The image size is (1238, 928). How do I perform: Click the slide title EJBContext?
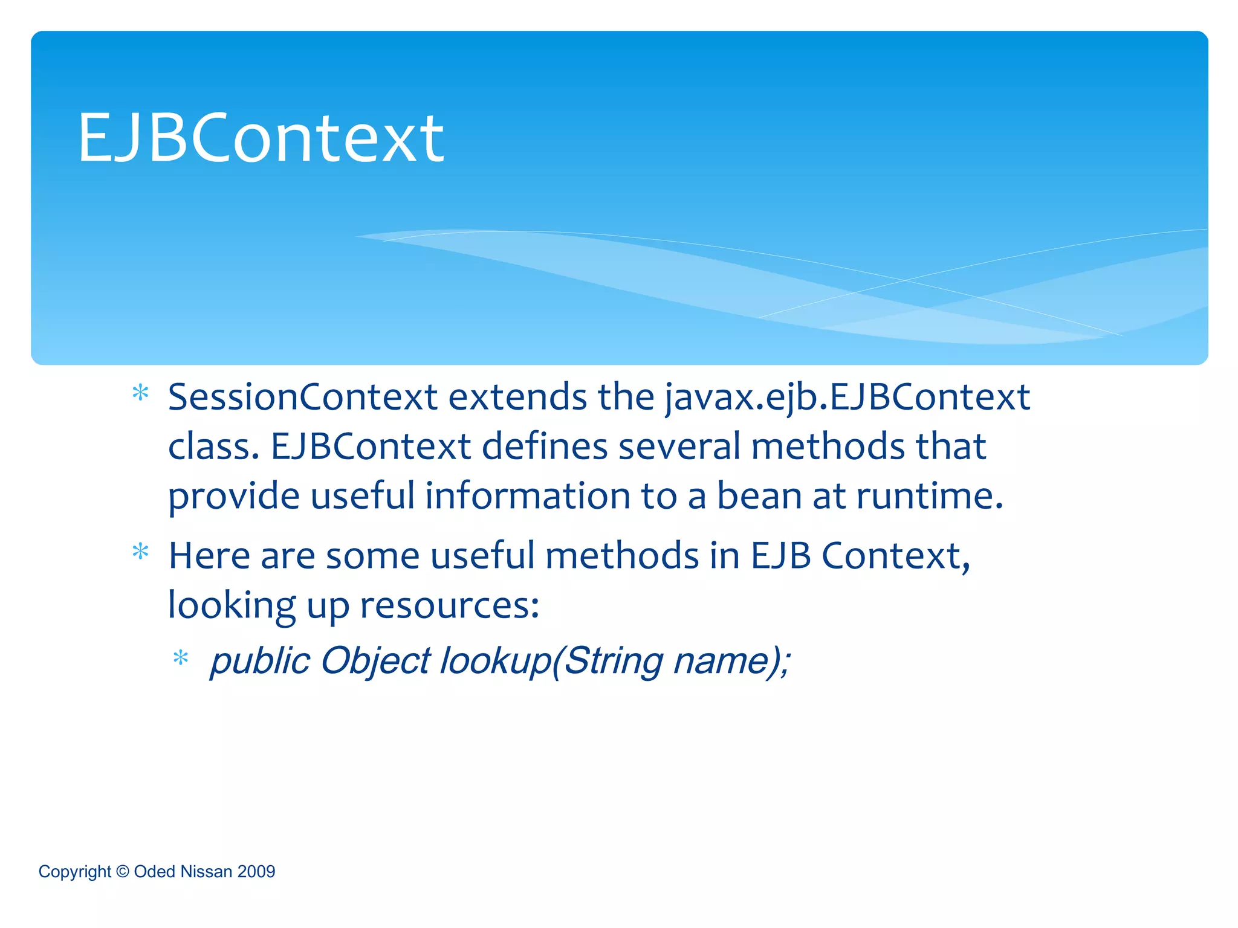tap(261, 139)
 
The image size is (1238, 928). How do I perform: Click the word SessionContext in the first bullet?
tap(302, 398)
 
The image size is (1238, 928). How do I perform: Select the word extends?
tap(517, 398)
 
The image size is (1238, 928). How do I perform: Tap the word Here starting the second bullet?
tap(209, 556)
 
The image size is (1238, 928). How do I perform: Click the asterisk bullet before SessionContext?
tap(140, 394)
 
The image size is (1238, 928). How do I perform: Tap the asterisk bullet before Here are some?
tap(140, 552)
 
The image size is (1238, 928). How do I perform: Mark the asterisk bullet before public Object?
tap(181, 658)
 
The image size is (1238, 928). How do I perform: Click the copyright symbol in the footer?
tap(122, 872)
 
